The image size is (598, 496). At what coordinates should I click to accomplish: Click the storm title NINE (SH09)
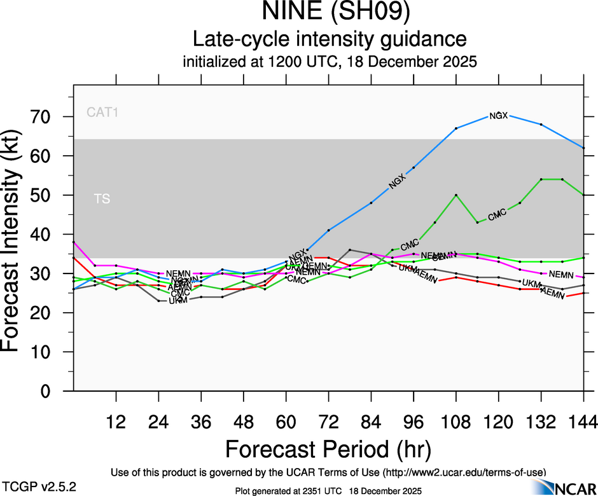pyautogui.click(x=330, y=12)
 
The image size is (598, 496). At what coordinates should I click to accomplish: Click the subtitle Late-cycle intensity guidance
pyautogui.click(x=330, y=39)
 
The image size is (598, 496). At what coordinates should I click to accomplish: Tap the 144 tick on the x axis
pyautogui.click(x=584, y=421)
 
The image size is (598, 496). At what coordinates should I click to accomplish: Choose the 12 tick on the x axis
pyautogui.click(x=116, y=421)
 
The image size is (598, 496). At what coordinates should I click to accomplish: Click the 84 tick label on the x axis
pyautogui.click(x=371, y=421)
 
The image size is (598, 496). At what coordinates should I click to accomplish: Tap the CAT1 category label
pyautogui.click(x=103, y=113)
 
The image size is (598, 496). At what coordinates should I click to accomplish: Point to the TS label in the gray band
pyautogui.click(x=102, y=199)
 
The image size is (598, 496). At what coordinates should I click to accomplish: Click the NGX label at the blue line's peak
pyautogui.click(x=498, y=116)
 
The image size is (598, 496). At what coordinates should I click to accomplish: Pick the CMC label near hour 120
pyautogui.click(x=497, y=214)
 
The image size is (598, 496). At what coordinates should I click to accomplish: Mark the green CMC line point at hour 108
pyautogui.click(x=456, y=195)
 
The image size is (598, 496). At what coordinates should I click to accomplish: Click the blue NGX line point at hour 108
pyautogui.click(x=456, y=128)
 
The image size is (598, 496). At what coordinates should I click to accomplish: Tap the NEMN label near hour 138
pyautogui.click(x=561, y=275)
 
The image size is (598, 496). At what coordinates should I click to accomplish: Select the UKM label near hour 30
pyautogui.click(x=178, y=301)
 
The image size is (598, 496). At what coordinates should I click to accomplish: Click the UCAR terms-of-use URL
pyautogui.click(x=464, y=472)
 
